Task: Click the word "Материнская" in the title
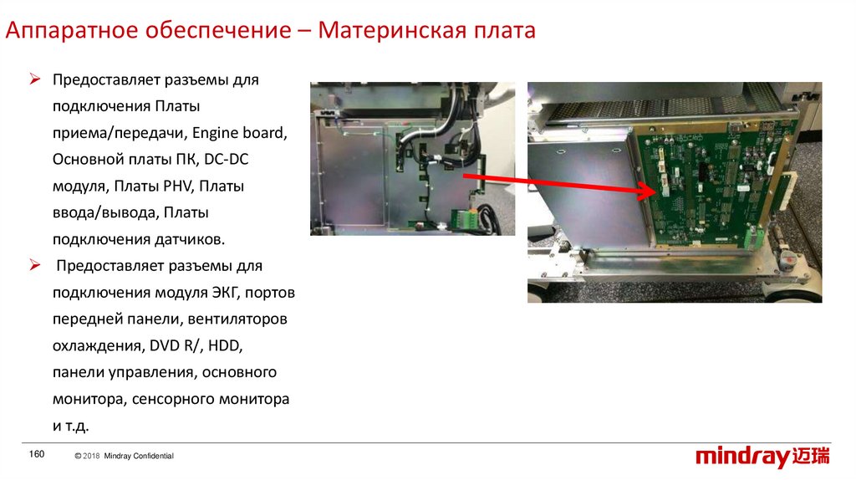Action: click(391, 30)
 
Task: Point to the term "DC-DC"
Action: click(226, 160)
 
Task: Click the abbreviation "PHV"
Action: click(178, 186)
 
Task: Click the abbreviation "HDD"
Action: click(225, 345)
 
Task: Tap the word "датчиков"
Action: click(190, 240)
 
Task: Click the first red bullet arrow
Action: click(35, 79)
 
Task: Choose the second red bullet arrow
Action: click(35, 266)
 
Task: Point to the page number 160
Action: click(37, 454)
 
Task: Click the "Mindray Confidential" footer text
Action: click(139, 456)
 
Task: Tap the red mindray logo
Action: click(762, 457)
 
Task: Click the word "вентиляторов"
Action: click(237, 319)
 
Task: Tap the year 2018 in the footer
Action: click(91, 456)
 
